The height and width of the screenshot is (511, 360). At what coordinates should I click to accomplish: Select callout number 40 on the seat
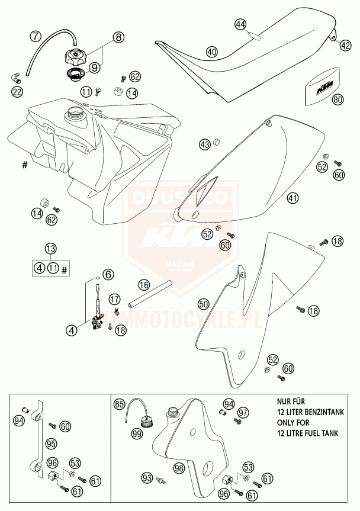[x=212, y=52]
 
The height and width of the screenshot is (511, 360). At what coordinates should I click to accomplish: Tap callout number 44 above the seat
[x=240, y=24]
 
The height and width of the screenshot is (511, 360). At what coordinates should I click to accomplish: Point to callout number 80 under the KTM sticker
[x=337, y=100]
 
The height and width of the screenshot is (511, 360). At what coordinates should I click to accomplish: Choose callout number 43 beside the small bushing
[x=204, y=144]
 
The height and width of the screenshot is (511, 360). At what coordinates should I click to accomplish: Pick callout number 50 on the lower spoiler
[x=203, y=304]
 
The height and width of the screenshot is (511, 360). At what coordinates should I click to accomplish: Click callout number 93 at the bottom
[x=147, y=477]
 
